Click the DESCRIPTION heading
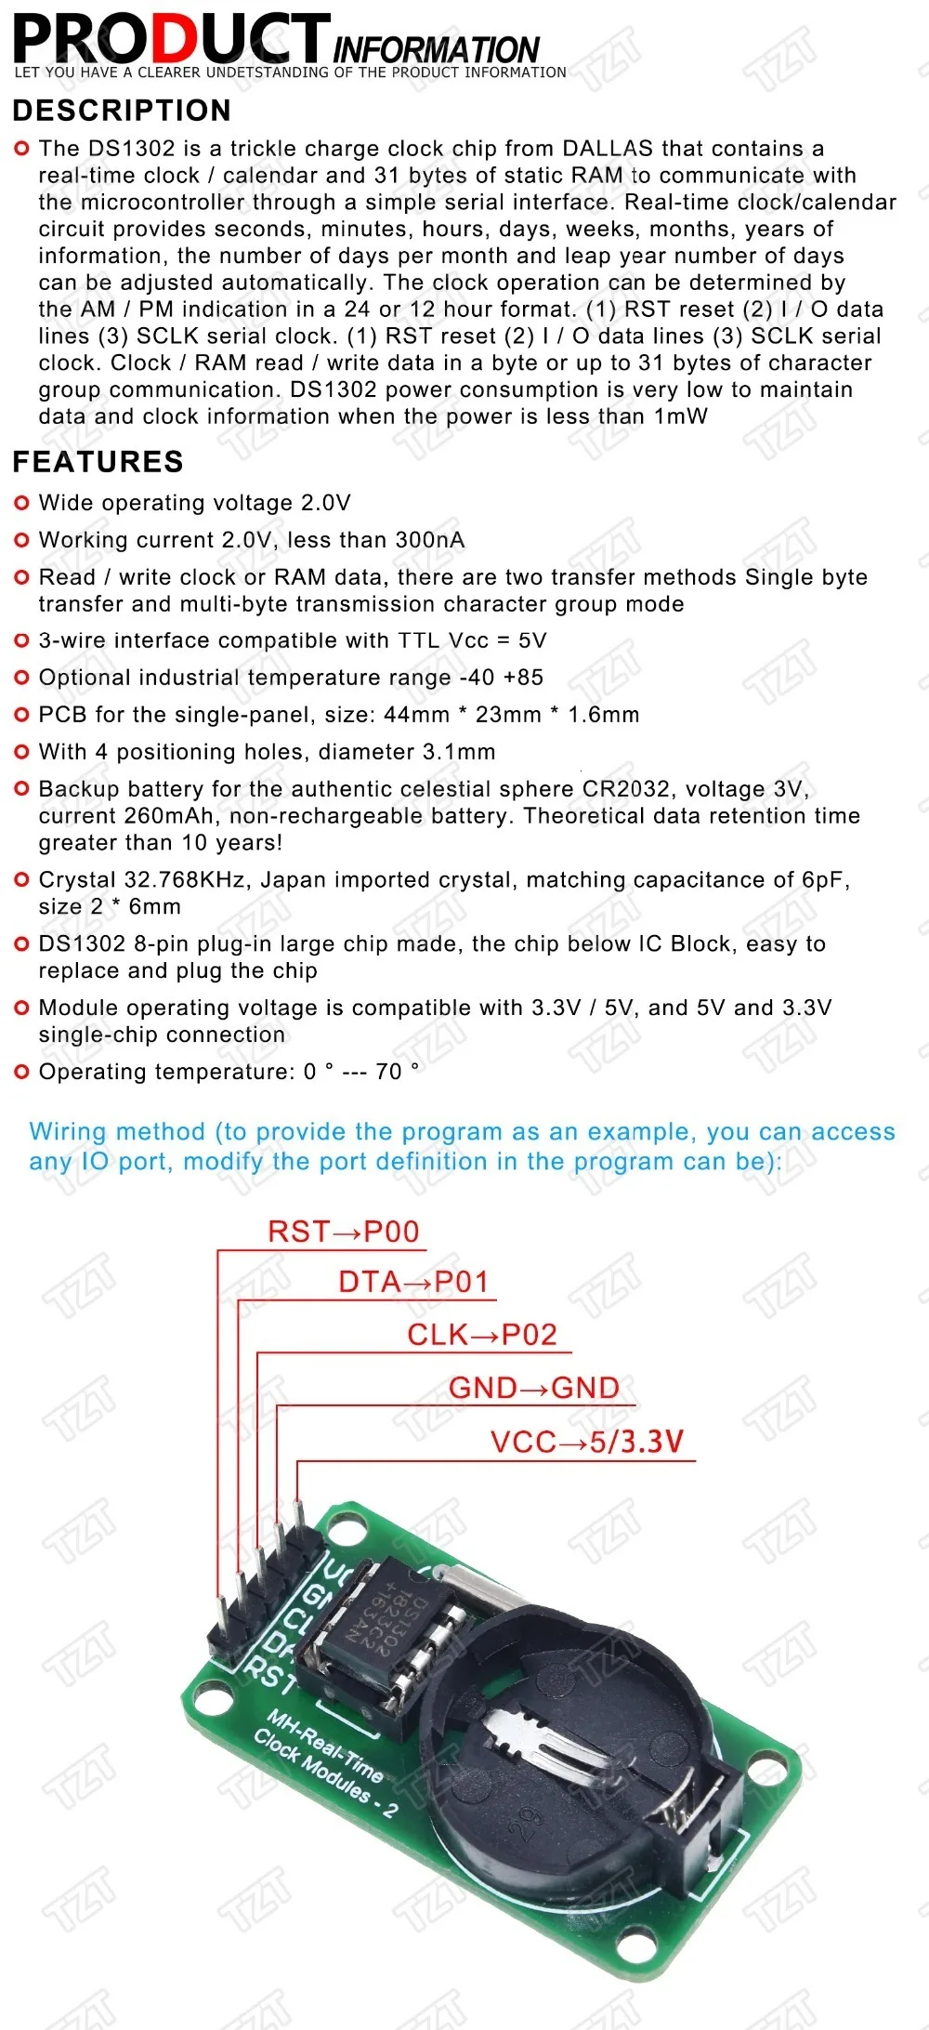[122, 111]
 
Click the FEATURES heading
[98, 462]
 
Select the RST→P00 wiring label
[344, 1232]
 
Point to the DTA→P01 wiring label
[413, 1282]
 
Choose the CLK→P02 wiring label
[482, 1335]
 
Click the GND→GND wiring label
[534, 1388]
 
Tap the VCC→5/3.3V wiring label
[587, 1442]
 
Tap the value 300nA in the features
[429, 540]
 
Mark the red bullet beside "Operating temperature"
[22, 1072]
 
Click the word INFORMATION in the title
[436, 49]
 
